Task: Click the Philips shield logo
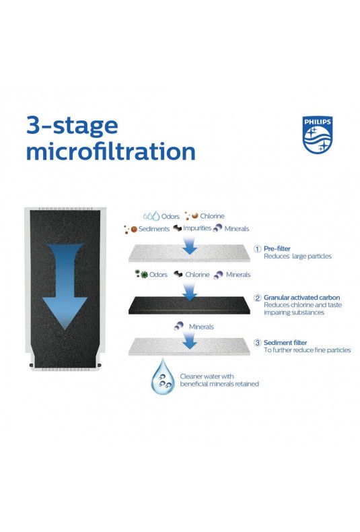coord(318,135)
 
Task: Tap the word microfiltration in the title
coord(111,152)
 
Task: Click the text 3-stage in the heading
coord(72,125)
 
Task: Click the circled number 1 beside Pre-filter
coord(258,248)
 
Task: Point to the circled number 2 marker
coord(258,298)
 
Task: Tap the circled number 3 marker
coord(258,343)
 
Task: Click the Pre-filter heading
coord(277,248)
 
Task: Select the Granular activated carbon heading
coord(301,298)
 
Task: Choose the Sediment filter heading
coord(285,343)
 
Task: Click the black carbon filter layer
coord(189,305)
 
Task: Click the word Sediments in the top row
coord(154,229)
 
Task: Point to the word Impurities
coord(197,228)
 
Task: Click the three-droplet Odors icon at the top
coord(151,215)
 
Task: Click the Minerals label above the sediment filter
coord(201,327)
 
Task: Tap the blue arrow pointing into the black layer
coord(190,292)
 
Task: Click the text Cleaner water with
coord(207,376)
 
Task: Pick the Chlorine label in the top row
coord(212,216)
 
